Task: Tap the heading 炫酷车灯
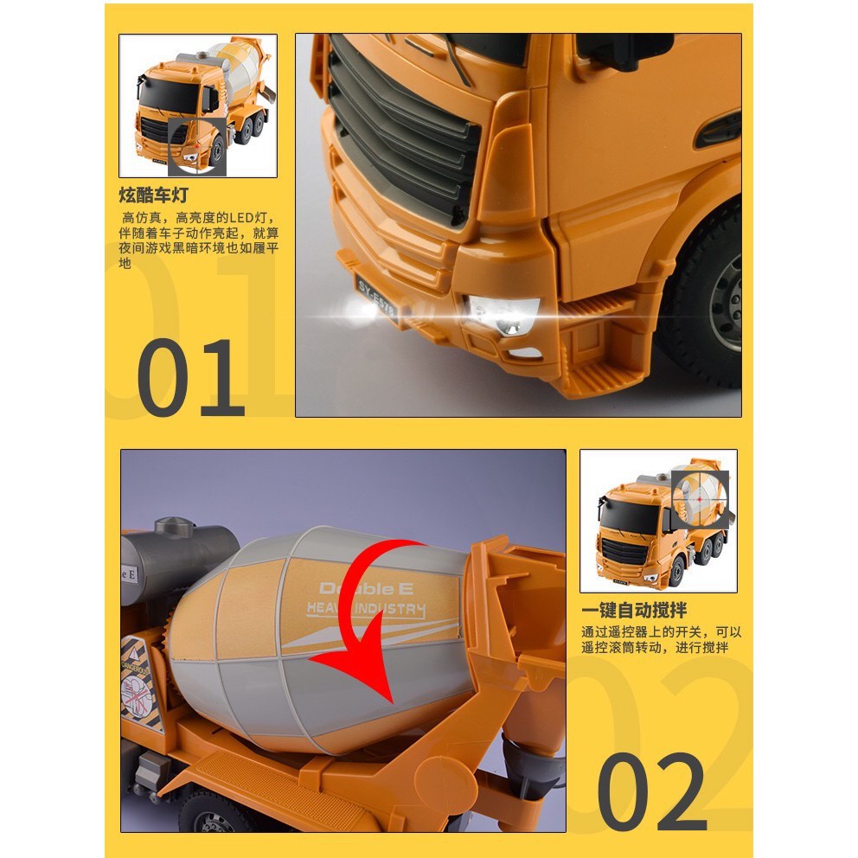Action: pos(154,195)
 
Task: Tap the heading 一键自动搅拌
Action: pos(636,611)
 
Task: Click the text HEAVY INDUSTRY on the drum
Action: pos(366,610)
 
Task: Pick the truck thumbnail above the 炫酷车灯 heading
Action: pos(198,106)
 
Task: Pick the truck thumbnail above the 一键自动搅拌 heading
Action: pos(658,521)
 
